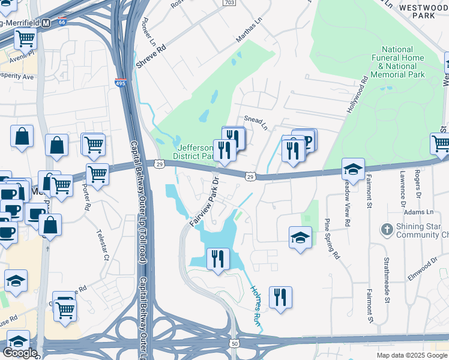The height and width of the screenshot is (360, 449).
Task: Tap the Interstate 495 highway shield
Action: pyautogui.click(x=120, y=83)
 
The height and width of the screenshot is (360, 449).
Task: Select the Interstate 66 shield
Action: pyautogui.click(x=62, y=22)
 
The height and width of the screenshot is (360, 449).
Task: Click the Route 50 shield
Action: pyautogui.click(x=234, y=343)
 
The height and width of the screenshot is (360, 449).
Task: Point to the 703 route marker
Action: pyautogui.click(x=228, y=3)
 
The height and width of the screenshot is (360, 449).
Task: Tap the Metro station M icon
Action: pyautogui.click(x=46, y=23)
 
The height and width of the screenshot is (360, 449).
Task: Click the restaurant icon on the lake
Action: pyautogui.click(x=217, y=259)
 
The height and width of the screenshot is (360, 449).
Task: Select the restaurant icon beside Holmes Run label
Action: pyautogui.click(x=280, y=296)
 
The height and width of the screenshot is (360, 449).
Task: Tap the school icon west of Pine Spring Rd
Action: pyautogui.click(x=300, y=238)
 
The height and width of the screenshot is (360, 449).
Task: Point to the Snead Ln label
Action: pyautogui.click(x=255, y=120)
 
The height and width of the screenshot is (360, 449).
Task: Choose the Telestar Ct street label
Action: pyautogui.click(x=103, y=247)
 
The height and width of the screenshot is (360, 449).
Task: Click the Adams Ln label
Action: pyautogui.click(x=418, y=212)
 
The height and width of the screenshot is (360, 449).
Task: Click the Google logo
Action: pyautogui.click(x=20, y=353)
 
